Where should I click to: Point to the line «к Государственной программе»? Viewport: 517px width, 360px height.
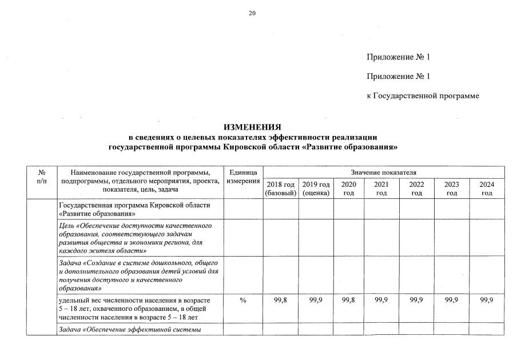[423, 96]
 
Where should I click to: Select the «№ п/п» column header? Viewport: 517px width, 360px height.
[42, 177]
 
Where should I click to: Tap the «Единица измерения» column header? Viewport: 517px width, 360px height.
[243, 177]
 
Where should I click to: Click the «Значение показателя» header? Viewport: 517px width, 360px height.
[383, 172]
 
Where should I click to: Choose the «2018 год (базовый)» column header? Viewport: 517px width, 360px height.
[280, 189]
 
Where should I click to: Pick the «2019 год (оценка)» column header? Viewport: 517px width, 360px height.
[316, 189]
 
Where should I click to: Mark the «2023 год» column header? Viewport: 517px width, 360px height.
[452, 189]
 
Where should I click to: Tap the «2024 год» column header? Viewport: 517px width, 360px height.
[487, 189]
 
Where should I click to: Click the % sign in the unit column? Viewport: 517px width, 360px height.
[243, 301]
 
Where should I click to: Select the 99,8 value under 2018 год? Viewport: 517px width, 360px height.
[280, 301]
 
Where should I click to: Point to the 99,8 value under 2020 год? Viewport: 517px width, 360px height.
[348, 301]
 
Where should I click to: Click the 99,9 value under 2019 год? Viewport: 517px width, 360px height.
[316, 301]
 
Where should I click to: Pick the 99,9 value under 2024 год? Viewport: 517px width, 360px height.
[487, 301]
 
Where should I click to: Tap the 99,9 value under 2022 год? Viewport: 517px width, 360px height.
[416, 301]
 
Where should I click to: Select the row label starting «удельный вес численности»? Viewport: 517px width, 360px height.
[134, 309]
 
